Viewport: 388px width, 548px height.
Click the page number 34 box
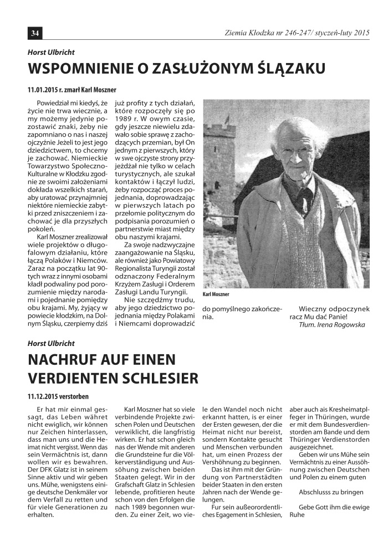click(34, 33)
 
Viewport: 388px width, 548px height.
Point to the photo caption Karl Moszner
click(216, 294)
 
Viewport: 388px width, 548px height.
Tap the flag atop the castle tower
click(227, 118)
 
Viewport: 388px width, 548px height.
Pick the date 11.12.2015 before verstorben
click(43, 396)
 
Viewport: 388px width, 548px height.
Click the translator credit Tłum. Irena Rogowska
click(331, 325)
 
